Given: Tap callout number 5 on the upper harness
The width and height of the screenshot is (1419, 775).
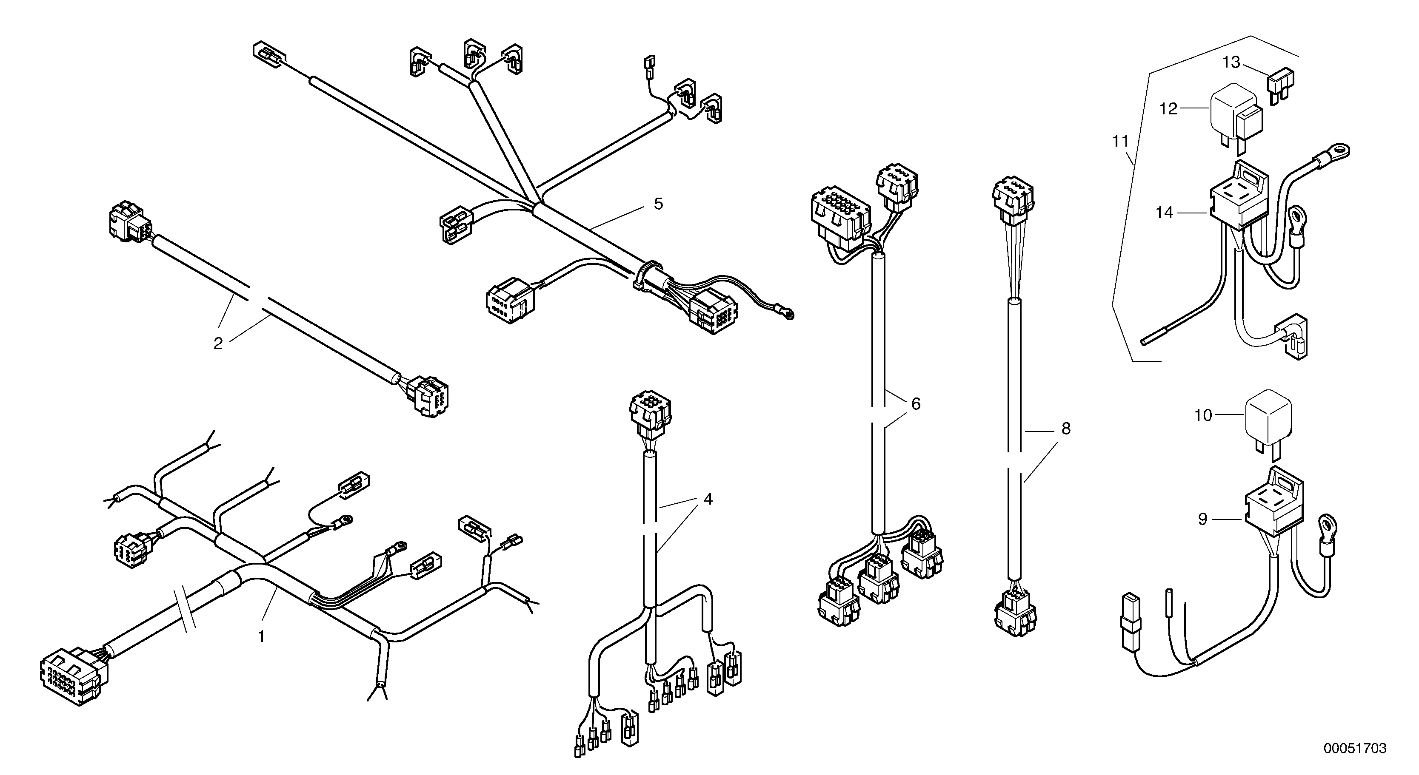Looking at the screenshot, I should (x=658, y=204).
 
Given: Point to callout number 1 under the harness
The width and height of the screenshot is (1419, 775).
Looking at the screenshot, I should (x=262, y=636).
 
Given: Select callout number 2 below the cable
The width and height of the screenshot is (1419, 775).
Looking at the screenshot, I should (x=218, y=343).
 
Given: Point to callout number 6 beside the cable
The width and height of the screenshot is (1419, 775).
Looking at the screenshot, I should (x=916, y=404).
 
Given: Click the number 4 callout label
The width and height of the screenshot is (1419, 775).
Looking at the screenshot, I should (x=708, y=499).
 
